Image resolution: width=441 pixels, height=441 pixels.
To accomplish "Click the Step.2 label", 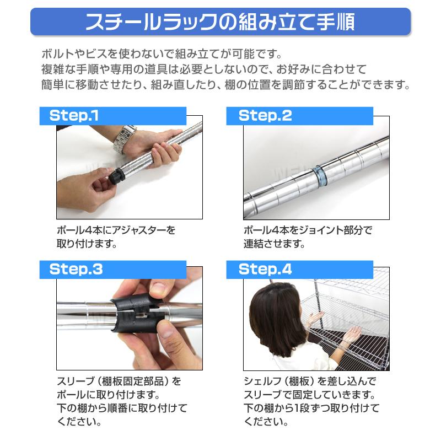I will point(265,116).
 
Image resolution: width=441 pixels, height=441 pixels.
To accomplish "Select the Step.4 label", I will point(265,270).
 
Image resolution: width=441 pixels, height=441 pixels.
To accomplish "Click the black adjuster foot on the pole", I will point(116,176).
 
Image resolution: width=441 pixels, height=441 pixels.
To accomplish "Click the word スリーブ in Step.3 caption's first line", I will point(74,381).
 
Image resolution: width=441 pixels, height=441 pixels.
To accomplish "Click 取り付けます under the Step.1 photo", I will point(87,244).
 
